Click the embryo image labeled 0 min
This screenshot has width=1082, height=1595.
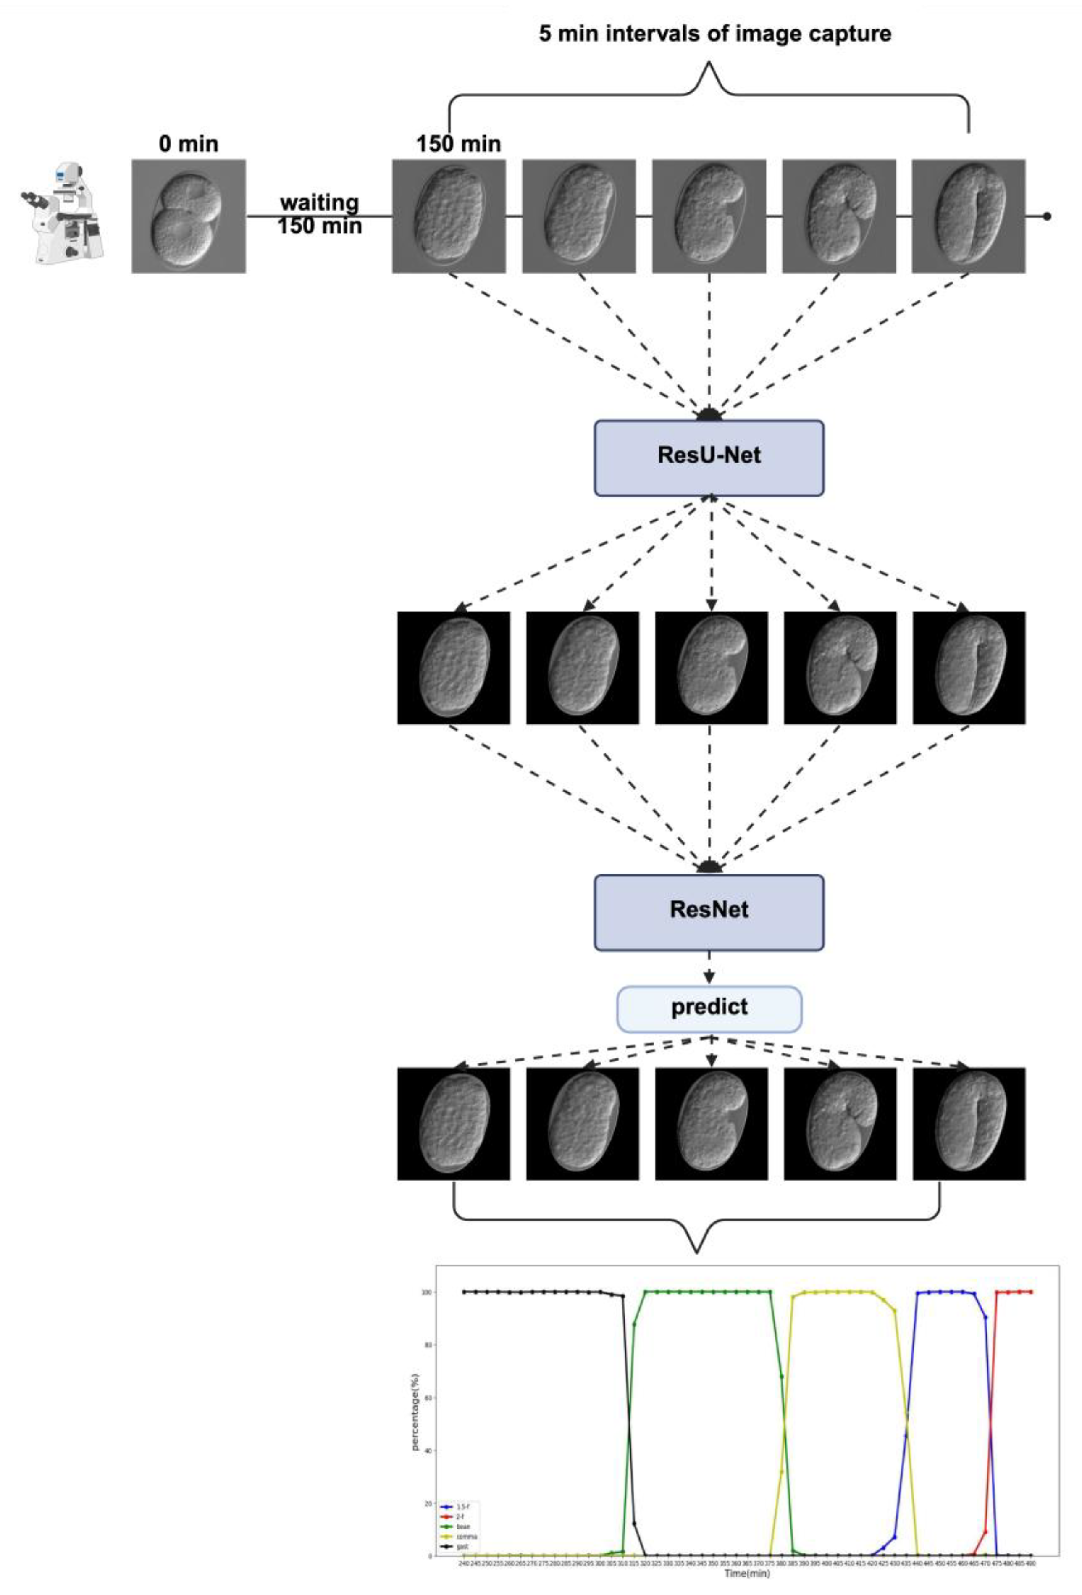click(x=189, y=216)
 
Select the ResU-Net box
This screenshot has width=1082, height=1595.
click(x=708, y=458)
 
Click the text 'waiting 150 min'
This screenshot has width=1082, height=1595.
click(x=319, y=214)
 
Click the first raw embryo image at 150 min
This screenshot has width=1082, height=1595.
click(x=449, y=216)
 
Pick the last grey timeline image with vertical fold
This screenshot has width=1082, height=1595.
click(x=968, y=216)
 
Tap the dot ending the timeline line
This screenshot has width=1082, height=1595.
click(x=1046, y=216)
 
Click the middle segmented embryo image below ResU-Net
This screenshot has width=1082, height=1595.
click(x=711, y=667)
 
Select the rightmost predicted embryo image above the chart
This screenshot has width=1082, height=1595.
click(x=968, y=1124)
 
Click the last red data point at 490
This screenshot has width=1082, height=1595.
click(x=1030, y=1292)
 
